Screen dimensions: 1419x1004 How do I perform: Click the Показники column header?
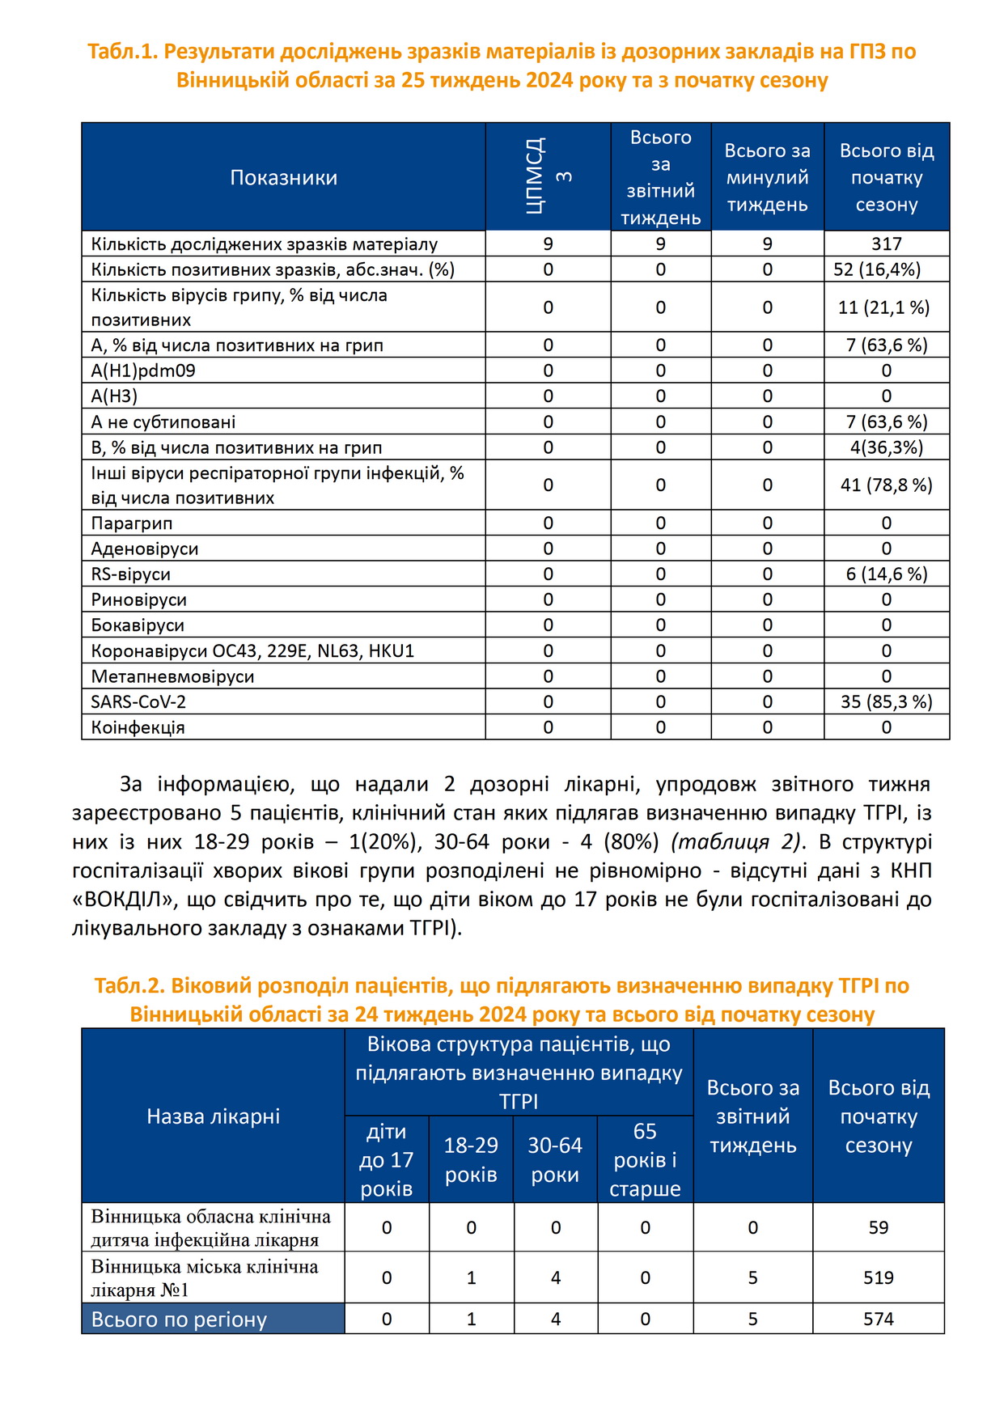click(283, 178)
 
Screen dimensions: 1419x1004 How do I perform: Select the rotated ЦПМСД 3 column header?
click(548, 176)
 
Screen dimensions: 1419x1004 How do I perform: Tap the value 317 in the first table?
click(886, 244)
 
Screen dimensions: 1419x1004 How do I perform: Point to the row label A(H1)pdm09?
click(143, 371)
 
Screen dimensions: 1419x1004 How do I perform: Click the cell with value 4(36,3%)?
click(886, 447)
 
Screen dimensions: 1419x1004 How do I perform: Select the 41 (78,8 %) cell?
click(886, 485)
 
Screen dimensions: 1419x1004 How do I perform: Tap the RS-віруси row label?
click(131, 574)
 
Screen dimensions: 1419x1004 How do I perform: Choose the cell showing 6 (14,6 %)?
click(886, 574)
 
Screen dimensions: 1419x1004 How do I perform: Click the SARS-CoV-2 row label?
click(138, 702)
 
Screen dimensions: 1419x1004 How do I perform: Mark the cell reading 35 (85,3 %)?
click(886, 702)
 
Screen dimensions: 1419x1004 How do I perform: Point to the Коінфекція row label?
click(138, 727)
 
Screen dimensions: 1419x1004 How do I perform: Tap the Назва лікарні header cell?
click(213, 1116)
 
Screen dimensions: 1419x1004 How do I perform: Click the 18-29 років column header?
click(471, 1160)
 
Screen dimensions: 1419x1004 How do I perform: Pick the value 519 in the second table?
click(878, 1278)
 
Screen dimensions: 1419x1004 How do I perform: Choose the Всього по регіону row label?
click(179, 1319)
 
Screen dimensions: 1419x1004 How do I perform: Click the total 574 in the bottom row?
click(878, 1319)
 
